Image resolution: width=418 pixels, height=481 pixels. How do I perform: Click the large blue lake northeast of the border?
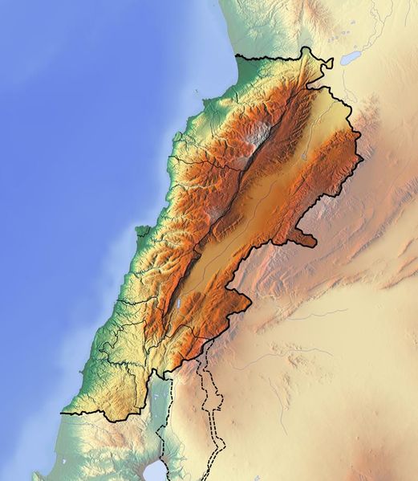pos(351,59)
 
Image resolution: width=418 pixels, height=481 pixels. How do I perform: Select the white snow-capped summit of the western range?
pos(258,138)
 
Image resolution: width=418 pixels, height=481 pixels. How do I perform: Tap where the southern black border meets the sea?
pos(62,410)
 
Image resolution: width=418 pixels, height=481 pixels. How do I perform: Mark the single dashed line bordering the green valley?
pos(160,434)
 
